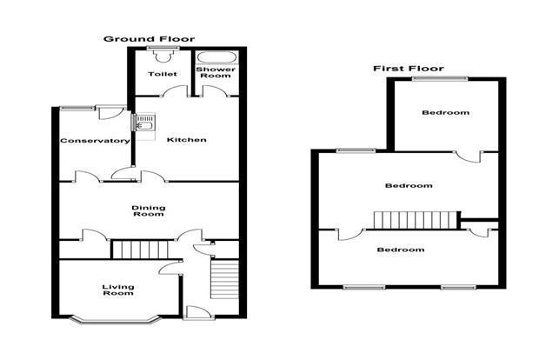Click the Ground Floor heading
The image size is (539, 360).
click(x=150, y=39)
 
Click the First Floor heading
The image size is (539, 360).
click(x=409, y=69)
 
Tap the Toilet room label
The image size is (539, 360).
click(x=163, y=74)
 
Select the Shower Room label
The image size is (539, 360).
click(x=216, y=72)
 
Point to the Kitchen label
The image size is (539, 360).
click(x=186, y=140)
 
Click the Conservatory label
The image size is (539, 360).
click(x=95, y=141)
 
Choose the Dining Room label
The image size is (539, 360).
click(x=149, y=210)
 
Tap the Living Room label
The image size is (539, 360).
click(x=118, y=290)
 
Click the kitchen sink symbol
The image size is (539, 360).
click(x=145, y=122)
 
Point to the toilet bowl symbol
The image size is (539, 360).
click(x=163, y=56)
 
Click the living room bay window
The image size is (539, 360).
click(x=116, y=321)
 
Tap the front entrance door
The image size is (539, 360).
click(x=196, y=312)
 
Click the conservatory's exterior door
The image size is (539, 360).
click(x=110, y=112)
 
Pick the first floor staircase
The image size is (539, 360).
click(x=416, y=220)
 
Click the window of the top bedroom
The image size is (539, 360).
click(x=441, y=79)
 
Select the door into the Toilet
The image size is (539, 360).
click(x=175, y=91)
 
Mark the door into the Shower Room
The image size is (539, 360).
click(x=215, y=91)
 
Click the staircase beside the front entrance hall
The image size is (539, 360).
click(x=224, y=279)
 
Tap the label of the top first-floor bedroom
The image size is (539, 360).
click(x=445, y=112)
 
